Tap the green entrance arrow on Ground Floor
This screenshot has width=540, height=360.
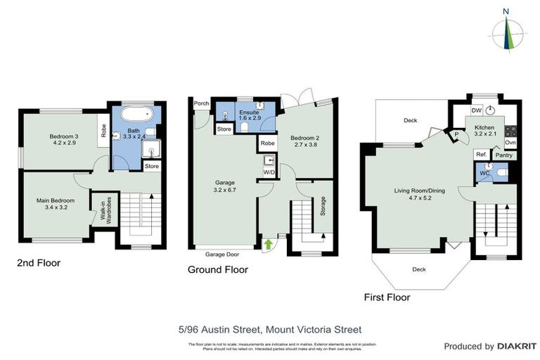click(267, 244)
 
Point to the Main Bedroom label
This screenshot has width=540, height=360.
click(56, 204)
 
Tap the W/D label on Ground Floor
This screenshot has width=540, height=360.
click(269, 172)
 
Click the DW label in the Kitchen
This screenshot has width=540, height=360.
click(476, 110)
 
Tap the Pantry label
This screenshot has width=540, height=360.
click(503, 155)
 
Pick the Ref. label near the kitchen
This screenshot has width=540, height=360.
click(482, 155)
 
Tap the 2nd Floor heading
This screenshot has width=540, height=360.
click(39, 263)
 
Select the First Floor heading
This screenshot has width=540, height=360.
click(387, 297)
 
